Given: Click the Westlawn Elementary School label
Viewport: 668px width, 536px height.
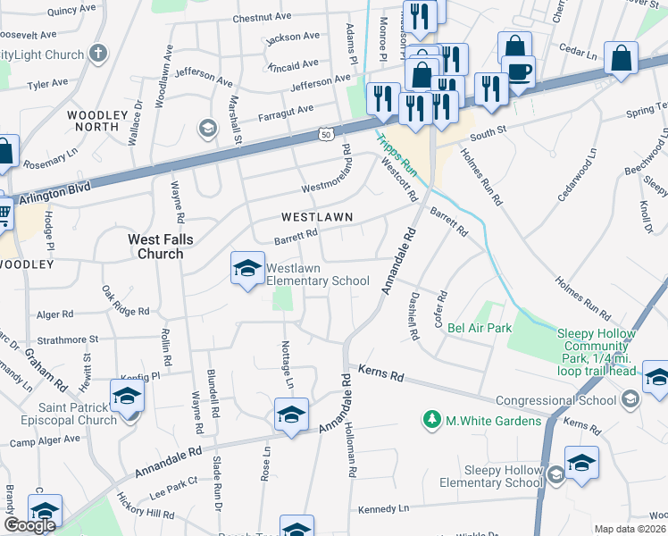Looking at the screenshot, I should coord(317,274).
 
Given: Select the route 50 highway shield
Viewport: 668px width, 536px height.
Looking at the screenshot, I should coord(326,134).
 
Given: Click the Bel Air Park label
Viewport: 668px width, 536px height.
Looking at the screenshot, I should coord(480,328).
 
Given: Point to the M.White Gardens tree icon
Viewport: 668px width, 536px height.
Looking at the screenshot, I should coord(432,420).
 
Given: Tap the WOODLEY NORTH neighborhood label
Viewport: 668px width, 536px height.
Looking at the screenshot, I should coord(93,121).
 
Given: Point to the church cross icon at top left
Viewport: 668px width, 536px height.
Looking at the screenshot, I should coord(98,54).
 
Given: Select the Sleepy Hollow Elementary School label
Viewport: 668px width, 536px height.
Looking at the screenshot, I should coord(503,476).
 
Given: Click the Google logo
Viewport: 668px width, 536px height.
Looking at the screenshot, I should coord(30,525).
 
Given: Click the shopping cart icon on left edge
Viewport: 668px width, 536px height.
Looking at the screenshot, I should coord(4,213).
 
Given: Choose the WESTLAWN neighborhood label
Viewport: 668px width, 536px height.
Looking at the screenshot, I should coord(317,217).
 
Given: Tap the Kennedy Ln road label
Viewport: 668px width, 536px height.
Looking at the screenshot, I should coord(382,508).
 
